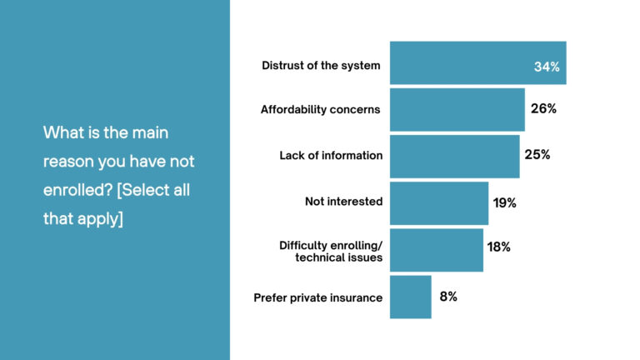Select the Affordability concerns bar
click(x=457, y=109)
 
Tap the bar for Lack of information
click(x=454, y=156)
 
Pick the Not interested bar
click(x=438, y=202)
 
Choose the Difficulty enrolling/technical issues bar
click(x=436, y=249)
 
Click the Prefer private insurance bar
click(x=410, y=297)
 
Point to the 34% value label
click(x=546, y=67)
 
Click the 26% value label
click(x=542, y=108)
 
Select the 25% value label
click(x=537, y=155)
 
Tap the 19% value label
click(x=505, y=202)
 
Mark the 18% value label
click(x=499, y=247)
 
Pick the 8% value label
click(x=448, y=297)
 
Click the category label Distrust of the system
click(x=321, y=65)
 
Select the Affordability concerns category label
click(x=320, y=109)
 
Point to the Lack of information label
click(x=331, y=155)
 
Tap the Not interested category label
click(x=343, y=201)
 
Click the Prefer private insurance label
click(x=317, y=297)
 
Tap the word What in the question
click(x=62, y=132)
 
